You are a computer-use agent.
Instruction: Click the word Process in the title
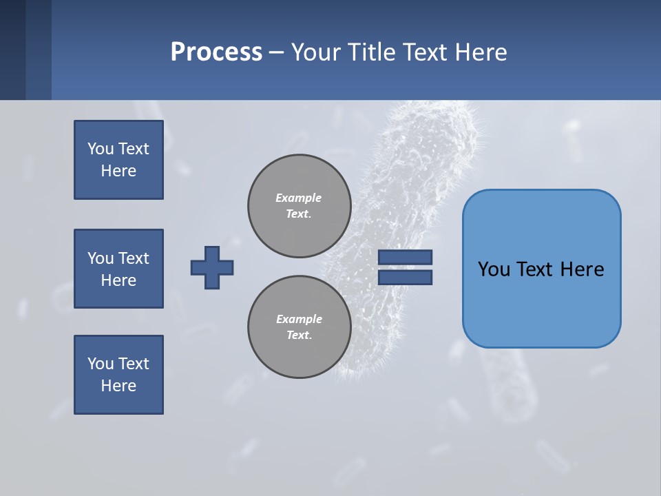pyautogui.click(x=216, y=52)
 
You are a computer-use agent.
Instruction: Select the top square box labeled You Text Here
pyautogui.click(x=118, y=160)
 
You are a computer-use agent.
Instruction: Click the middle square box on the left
pyautogui.click(x=118, y=269)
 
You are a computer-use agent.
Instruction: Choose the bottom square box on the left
pyautogui.click(x=118, y=375)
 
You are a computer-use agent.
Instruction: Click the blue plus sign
pyautogui.click(x=212, y=267)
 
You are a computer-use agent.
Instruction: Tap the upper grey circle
pyautogui.click(x=300, y=206)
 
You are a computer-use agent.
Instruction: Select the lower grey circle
pyautogui.click(x=300, y=327)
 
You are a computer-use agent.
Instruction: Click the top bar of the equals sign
pyautogui.click(x=406, y=257)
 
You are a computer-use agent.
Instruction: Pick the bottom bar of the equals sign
pyautogui.click(x=406, y=278)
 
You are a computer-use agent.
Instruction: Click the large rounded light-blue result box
pyautogui.click(x=541, y=269)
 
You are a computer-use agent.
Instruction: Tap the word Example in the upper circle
pyautogui.click(x=298, y=198)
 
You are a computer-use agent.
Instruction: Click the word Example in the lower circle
pyautogui.click(x=299, y=319)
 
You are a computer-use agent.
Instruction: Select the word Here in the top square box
pyautogui.click(x=118, y=171)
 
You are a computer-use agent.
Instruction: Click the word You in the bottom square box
pyautogui.click(x=101, y=364)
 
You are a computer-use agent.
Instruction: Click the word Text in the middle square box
pyautogui.click(x=134, y=258)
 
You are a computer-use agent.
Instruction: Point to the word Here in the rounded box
pyautogui.click(x=582, y=269)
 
